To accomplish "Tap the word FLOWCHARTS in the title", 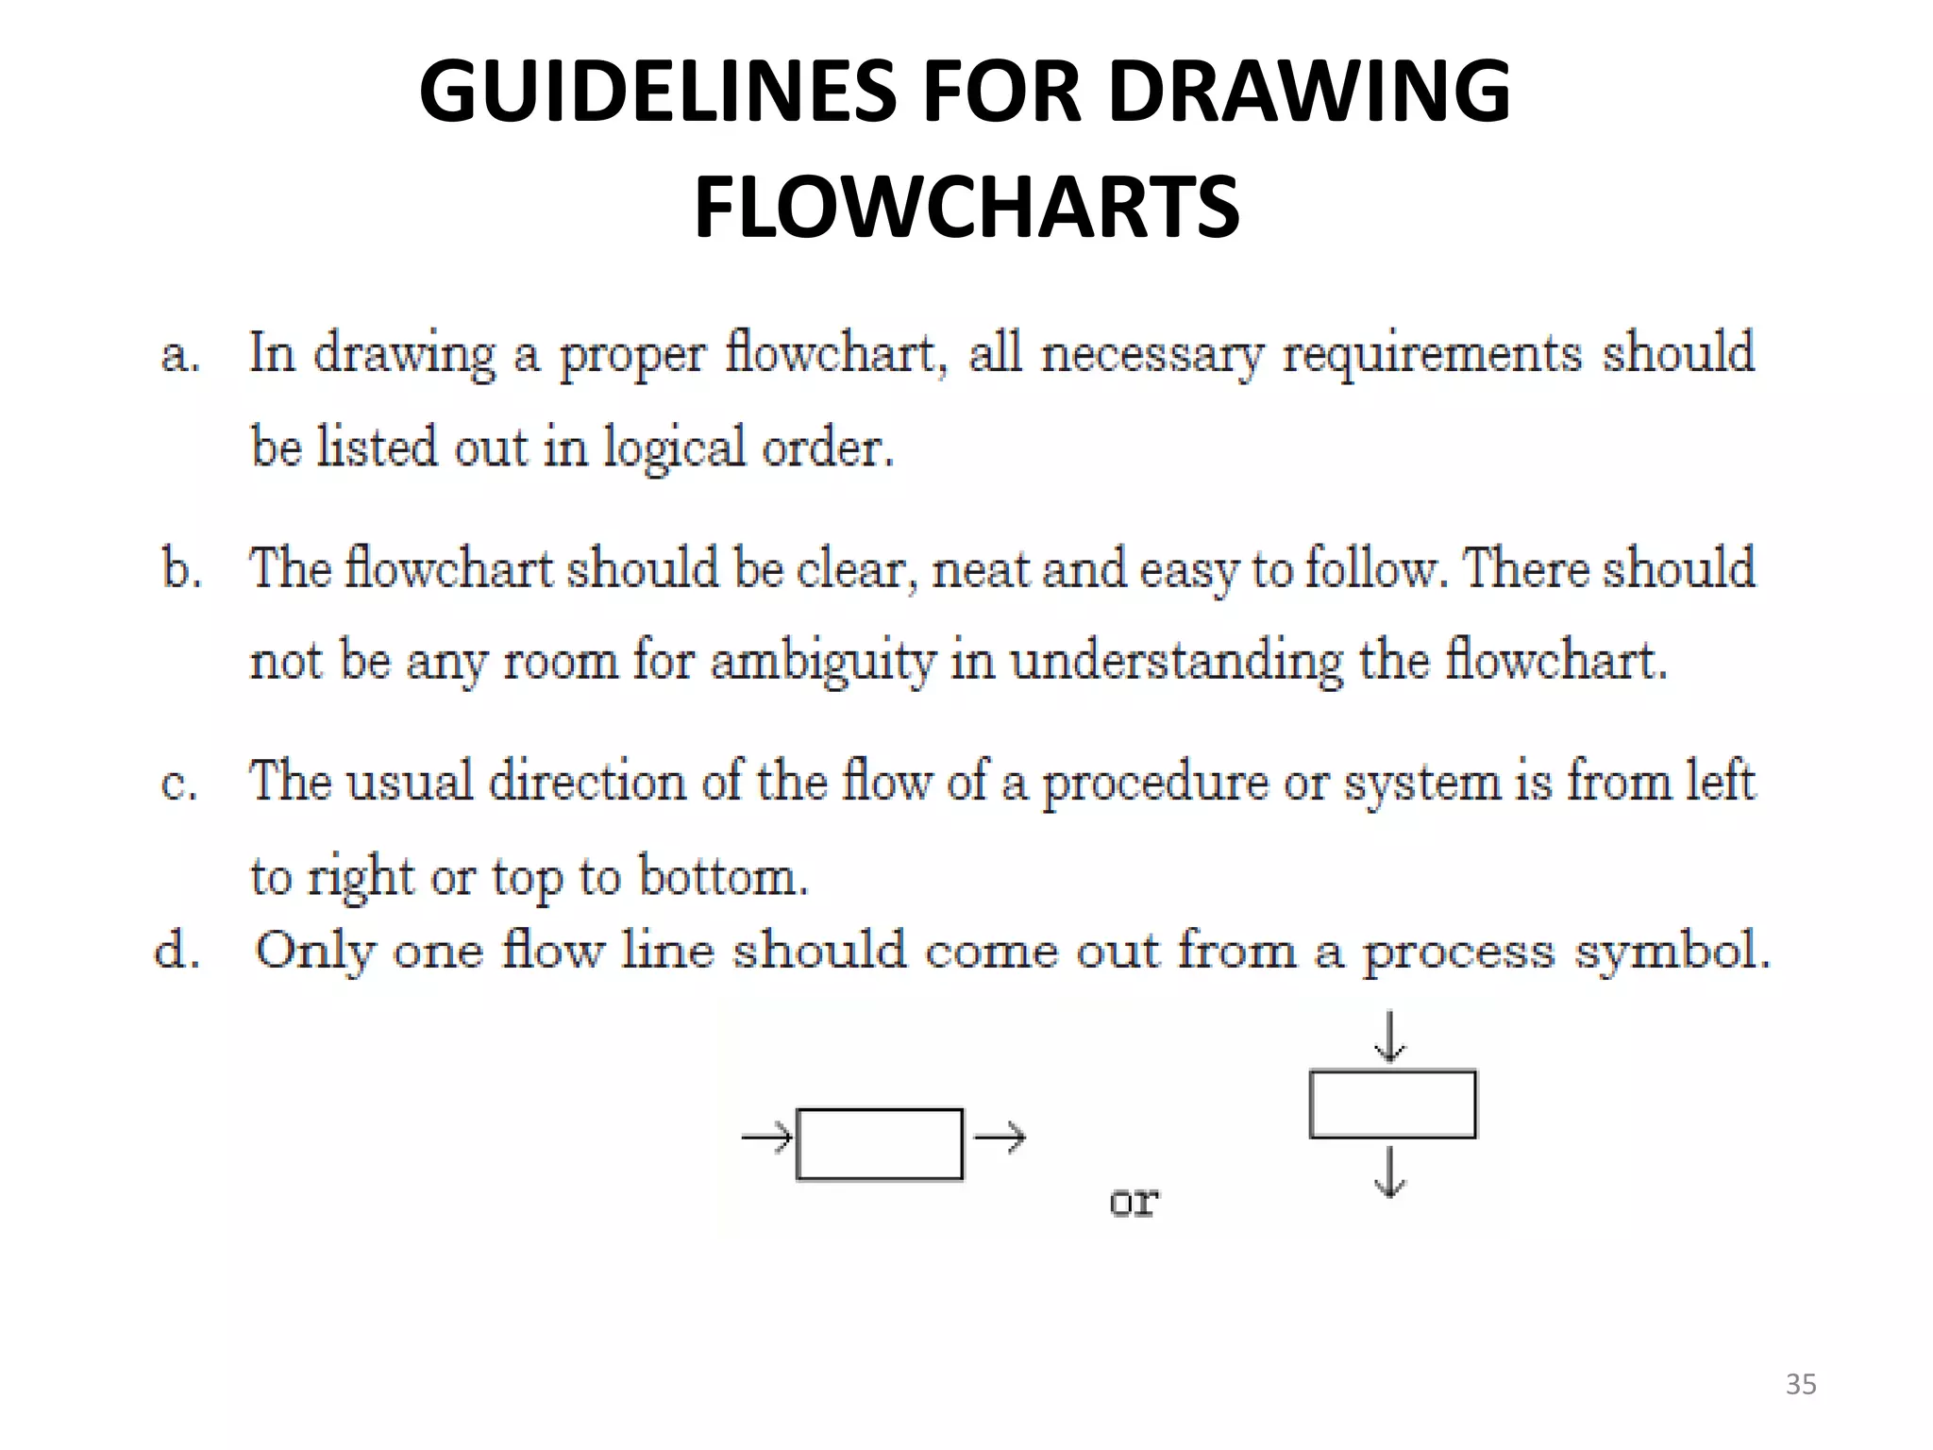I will coord(966,207).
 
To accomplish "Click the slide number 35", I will coord(1801,1384).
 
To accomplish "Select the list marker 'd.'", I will coord(177,952).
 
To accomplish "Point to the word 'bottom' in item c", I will coord(722,877).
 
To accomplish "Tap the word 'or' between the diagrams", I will coord(1134,1202).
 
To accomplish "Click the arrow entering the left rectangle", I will coord(766,1138).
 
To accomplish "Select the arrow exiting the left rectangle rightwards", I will coord(1000,1138).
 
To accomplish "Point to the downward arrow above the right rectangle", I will coord(1389,1037).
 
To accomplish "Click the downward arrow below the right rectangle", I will coord(1389,1172).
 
